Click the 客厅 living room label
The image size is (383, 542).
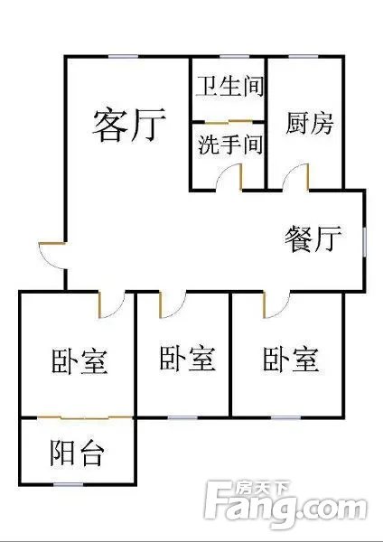(x=129, y=126)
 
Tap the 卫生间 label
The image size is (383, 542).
(x=229, y=87)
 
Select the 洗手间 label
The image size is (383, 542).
(x=230, y=145)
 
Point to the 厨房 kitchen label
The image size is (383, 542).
(x=309, y=124)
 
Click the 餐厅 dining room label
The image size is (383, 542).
(x=313, y=238)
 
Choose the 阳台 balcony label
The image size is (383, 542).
(x=77, y=453)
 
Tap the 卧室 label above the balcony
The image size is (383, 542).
(x=79, y=361)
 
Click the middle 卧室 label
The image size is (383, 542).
(x=188, y=360)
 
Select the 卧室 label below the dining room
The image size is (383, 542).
(x=290, y=360)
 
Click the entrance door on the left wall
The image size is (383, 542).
(x=51, y=256)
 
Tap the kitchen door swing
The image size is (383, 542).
(x=296, y=177)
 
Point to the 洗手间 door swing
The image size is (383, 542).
(x=229, y=177)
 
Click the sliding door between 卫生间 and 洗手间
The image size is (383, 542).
(x=229, y=122)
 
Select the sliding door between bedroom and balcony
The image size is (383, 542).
(x=85, y=418)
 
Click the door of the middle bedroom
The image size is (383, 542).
(x=173, y=305)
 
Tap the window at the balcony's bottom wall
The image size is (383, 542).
(x=69, y=484)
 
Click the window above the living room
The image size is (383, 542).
(x=123, y=56)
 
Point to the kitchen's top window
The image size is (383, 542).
(x=304, y=56)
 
